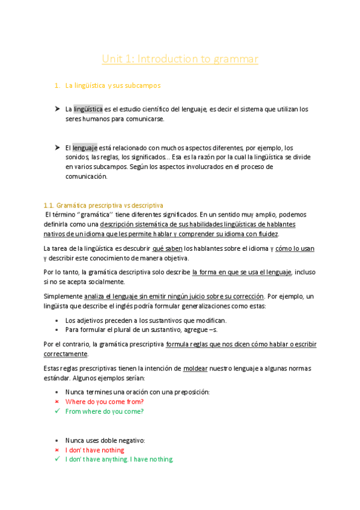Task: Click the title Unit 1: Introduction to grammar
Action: (x=180, y=59)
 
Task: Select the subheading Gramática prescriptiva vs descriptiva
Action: (x=103, y=205)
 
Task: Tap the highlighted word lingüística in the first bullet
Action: (x=88, y=109)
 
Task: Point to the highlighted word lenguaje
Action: (x=85, y=148)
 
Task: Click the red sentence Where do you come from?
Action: (x=105, y=402)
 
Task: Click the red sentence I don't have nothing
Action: (x=95, y=450)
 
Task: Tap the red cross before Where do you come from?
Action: (x=56, y=402)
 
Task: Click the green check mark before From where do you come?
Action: (x=56, y=411)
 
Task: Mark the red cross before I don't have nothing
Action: (x=56, y=450)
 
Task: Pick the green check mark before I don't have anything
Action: (x=56, y=459)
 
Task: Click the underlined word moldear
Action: (x=195, y=368)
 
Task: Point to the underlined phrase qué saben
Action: (x=167, y=248)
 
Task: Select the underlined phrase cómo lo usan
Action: (x=295, y=248)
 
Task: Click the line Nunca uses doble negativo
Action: (x=105, y=440)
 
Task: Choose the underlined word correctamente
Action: (x=66, y=354)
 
